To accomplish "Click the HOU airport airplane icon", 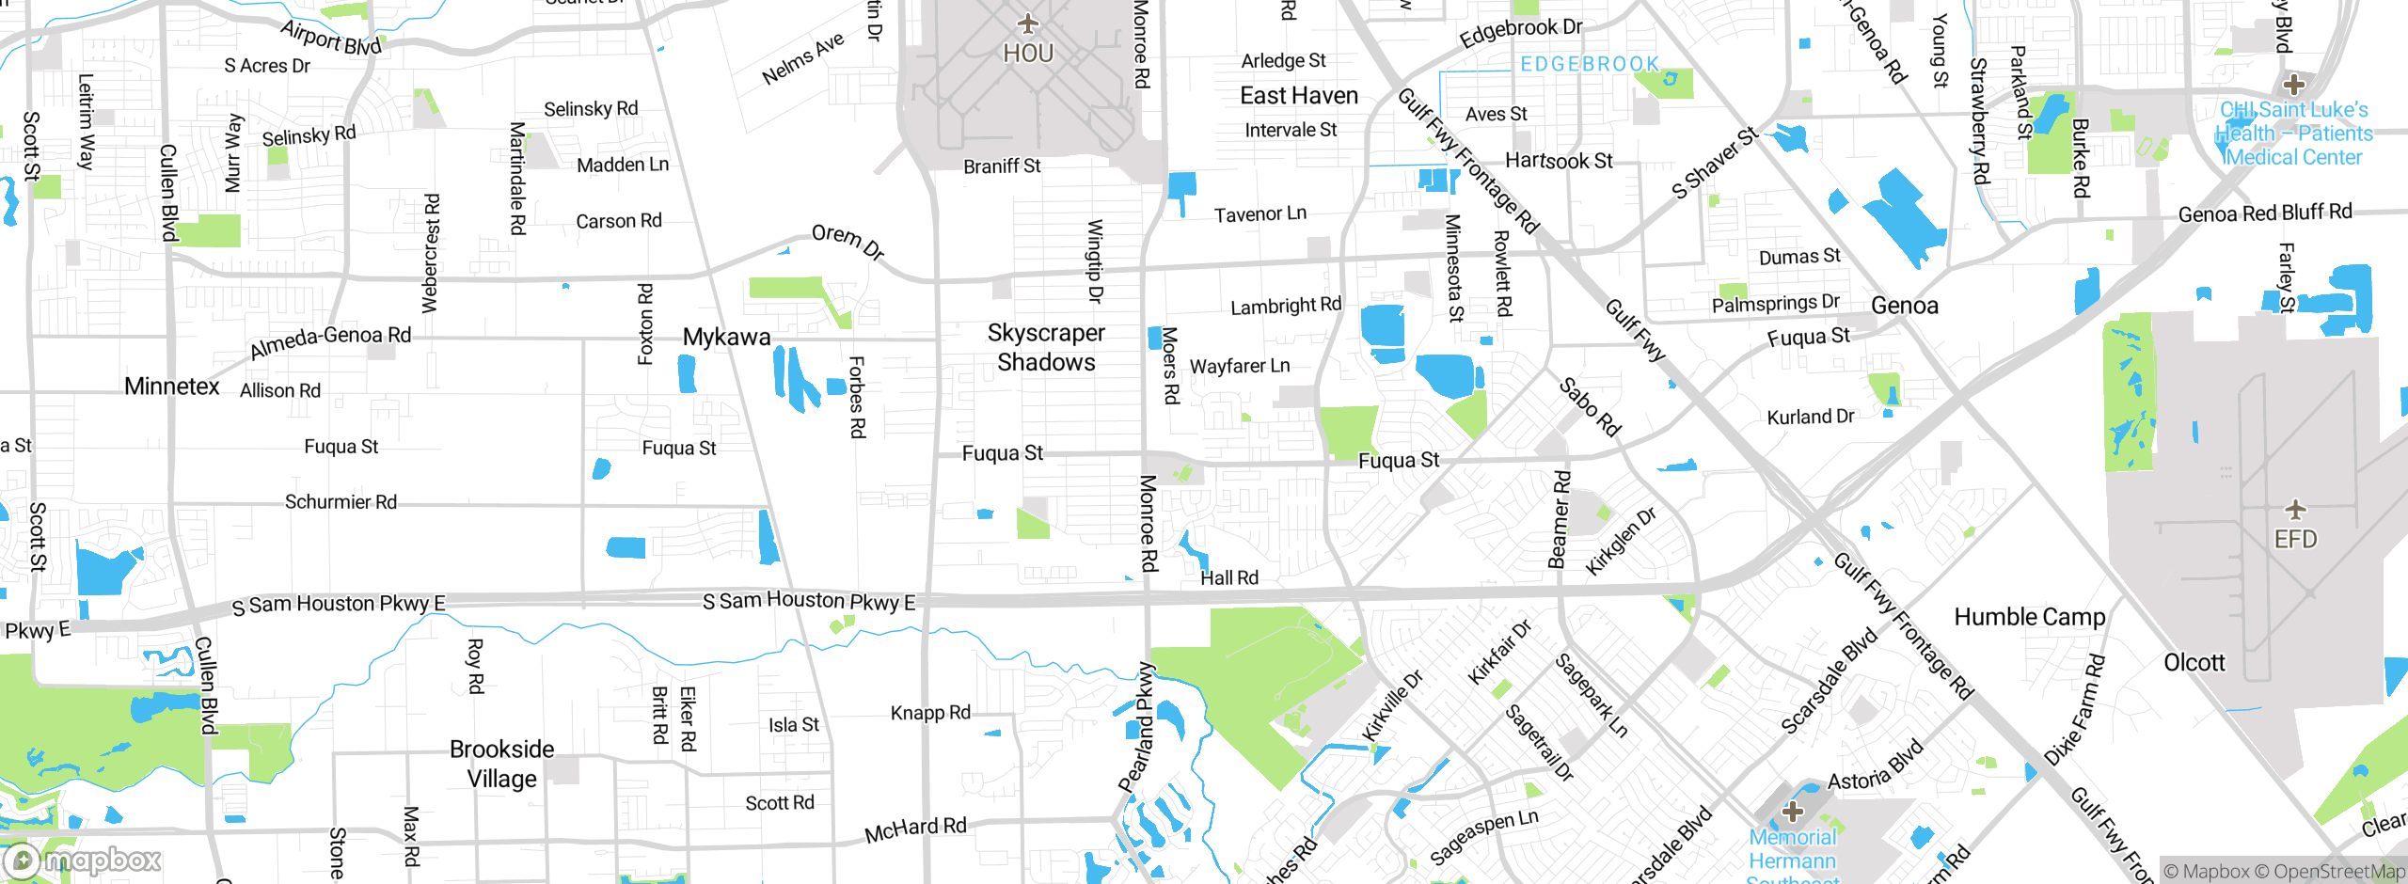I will click(1028, 23).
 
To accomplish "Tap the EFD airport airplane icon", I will click(2295, 510).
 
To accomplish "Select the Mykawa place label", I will click(726, 337).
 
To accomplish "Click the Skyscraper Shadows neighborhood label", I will click(1046, 348).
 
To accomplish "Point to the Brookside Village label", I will click(502, 764).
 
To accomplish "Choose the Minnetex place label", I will click(171, 386).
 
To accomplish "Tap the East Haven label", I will click(1299, 95).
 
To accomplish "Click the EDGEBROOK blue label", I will click(1590, 64).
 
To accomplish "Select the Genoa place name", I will click(1904, 306).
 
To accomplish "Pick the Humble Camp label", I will click(2030, 617).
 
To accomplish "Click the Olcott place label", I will click(2194, 662).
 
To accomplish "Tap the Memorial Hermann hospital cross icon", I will click(1793, 811).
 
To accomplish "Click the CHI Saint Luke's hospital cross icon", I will click(2294, 85).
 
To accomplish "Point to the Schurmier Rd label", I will click(341, 502).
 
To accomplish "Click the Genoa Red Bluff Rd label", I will click(2265, 213).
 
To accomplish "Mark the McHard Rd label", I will click(915, 829).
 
